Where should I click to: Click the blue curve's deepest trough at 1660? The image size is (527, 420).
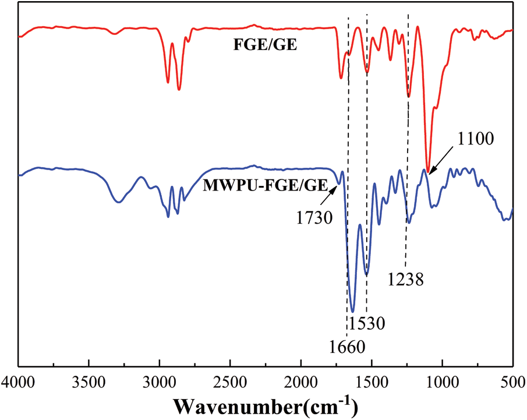352,311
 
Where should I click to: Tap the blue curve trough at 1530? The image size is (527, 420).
366,274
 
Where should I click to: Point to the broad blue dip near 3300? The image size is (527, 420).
119,202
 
